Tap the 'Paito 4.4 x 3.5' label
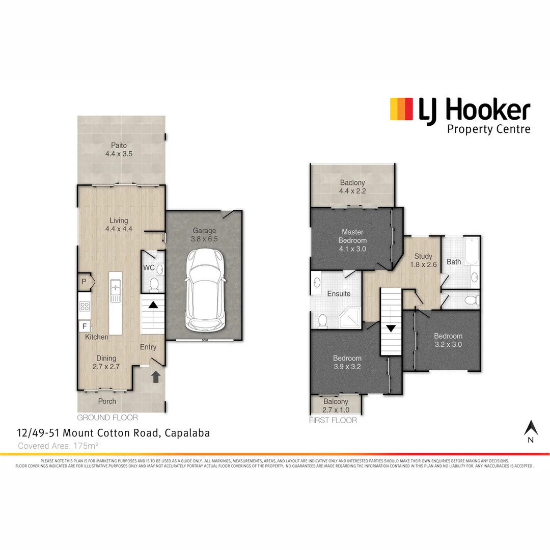click(x=119, y=149)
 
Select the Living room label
click(x=119, y=225)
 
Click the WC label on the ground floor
click(x=149, y=267)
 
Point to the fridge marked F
click(x=84, y=326)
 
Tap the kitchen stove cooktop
click(x=85, y=307)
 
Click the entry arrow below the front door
click(x=156, y=377)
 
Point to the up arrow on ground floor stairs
click(x=153, y=305)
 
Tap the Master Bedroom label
click(x=352, y=240)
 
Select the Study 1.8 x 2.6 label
click(x=423, y=260)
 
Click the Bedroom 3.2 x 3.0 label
click(x=448, y=340)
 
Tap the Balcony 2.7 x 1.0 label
click(x=336, y=405)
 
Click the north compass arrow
click(x=531, y=428)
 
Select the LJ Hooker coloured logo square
click(x=401, y=109)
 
